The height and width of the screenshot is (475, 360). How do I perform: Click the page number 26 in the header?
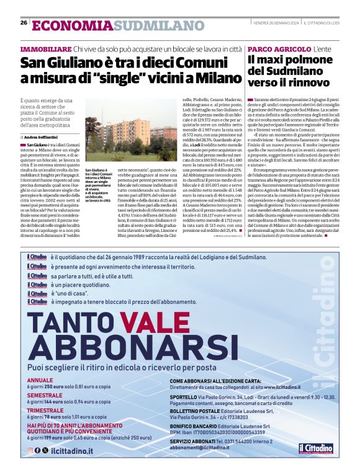(x=24, y=23)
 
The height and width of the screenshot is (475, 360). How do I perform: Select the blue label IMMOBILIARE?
(x=45, y=49)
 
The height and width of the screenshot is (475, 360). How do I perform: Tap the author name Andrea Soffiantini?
(x=41, y=136)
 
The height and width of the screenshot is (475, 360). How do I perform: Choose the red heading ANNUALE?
(x=40, y=363)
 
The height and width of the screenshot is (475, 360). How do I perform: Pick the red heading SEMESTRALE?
(x=44, y=378)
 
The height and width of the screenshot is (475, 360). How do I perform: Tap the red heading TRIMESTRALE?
(x=45, y=393)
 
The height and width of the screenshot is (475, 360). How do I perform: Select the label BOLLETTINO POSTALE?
(x=195, y=394)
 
